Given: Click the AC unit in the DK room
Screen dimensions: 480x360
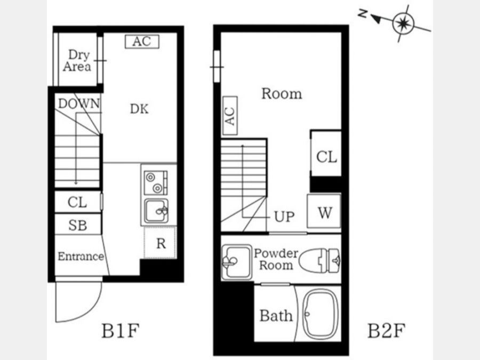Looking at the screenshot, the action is pos(142,42).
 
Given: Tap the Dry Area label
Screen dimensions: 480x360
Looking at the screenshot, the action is pos(77,61).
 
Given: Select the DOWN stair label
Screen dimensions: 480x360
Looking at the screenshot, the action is pos(79,104).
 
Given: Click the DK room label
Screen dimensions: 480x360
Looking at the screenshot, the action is pos(139,109).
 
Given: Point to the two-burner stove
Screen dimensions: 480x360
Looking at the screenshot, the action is pos(156,182).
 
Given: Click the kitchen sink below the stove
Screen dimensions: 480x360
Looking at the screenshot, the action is pos(156,211).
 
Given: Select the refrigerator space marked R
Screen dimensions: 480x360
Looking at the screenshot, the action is pos(160,243).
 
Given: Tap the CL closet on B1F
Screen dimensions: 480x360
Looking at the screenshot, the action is pos(78,202).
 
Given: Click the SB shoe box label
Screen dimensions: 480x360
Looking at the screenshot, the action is pos(77,225).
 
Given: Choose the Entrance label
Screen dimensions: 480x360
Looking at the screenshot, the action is pos(81,256).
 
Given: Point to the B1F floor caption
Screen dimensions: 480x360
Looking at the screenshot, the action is pos(121,331).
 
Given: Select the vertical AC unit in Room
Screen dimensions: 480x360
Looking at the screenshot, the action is pos(230,116).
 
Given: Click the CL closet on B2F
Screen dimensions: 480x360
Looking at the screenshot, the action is pos(326,154).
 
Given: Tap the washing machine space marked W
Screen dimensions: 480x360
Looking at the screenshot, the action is pos(324,211).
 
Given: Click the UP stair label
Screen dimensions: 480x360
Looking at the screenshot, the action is pos(284,217).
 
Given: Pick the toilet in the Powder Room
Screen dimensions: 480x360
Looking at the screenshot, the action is pos(319,260).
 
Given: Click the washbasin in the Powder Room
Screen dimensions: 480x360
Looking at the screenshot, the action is pos(237,262).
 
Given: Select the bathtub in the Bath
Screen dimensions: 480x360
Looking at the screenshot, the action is pos(320,314).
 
